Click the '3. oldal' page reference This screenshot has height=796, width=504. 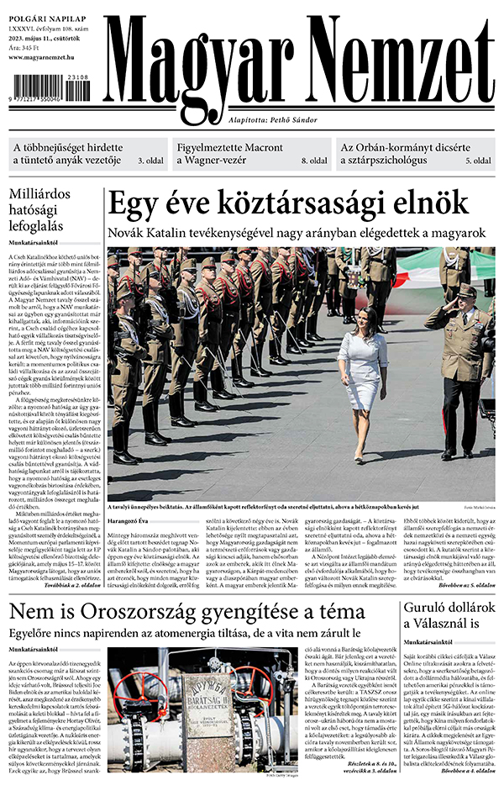tap(151, 161)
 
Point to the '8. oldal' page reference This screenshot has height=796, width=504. tap(314, 161)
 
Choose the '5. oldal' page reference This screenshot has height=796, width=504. tap(478, 161)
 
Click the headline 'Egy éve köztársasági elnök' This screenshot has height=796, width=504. tap(288, 204)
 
